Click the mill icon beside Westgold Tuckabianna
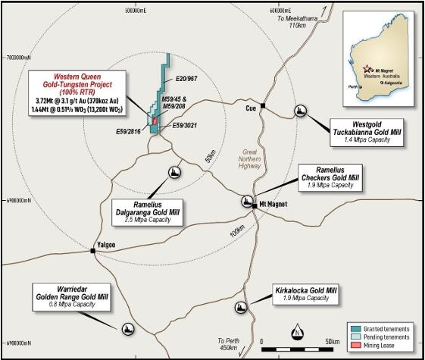[302, 111]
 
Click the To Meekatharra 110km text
[295, 21]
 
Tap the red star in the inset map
[361, 67]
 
